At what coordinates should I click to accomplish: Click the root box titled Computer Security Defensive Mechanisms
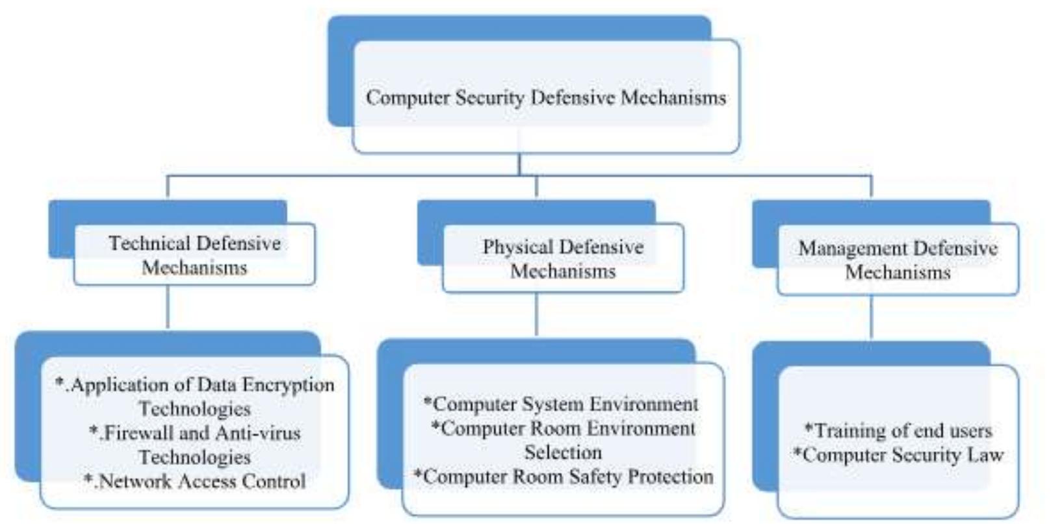(545, 97)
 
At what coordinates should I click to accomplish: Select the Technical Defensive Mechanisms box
(194, 255)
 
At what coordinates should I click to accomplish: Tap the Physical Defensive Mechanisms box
(563, 258)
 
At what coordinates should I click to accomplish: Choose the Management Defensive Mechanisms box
(898, 260)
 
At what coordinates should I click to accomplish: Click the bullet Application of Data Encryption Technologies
(195, 396)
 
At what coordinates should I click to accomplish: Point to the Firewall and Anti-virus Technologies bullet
(195, 444)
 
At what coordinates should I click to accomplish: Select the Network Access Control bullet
(195, 481)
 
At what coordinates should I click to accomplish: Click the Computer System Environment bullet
(562, 404)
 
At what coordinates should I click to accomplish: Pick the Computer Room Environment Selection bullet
(563, 440)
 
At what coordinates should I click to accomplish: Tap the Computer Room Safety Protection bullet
(563, 477)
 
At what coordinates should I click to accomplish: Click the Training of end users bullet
(898, 430)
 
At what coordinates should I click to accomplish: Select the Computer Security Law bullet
(898, 455)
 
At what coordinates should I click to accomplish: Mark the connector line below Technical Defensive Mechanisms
(168, 308)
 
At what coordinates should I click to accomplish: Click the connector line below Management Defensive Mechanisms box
(871, 317)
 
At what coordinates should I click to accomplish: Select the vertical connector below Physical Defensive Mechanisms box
(536, 314)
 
